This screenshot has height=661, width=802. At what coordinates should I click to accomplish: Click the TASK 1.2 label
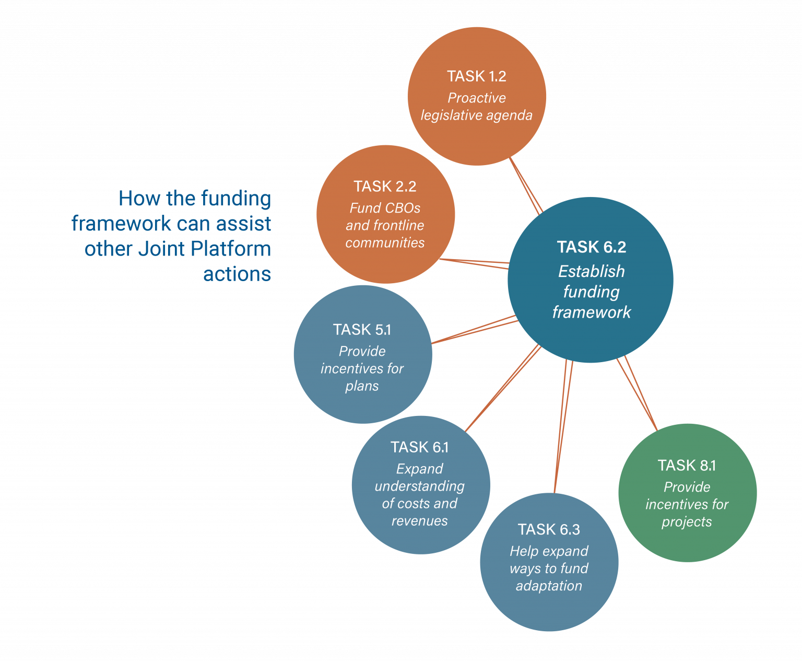pos(476,76)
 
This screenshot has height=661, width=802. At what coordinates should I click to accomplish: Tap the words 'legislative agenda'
pos(476,115)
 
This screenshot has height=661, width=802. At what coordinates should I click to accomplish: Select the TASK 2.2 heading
pos(385,187)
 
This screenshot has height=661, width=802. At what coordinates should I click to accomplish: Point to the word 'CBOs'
pos(403,208)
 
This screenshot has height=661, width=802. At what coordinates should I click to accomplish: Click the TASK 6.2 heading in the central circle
pos(591,247)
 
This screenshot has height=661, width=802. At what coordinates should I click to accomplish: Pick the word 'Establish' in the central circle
pos(591,271)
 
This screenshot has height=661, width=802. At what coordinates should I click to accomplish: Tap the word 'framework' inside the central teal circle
pos(591,312)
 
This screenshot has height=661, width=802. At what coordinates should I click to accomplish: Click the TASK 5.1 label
pos(362,330)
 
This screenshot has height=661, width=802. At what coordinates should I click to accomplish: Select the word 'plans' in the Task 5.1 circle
pos(362,386)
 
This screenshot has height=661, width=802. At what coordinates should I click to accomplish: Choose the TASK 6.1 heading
pos(419,447)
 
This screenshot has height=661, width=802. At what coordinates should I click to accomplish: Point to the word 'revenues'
pos(419,521)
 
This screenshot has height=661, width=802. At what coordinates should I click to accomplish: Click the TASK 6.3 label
pos(549,530)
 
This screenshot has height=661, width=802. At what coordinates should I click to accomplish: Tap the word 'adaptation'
pos(549,586)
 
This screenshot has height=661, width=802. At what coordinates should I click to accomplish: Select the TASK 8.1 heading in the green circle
pos(687,466)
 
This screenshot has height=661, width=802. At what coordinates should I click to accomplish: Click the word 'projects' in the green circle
pos(687,522)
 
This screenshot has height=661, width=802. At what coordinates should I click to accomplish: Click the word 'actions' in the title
pos(237,274)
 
